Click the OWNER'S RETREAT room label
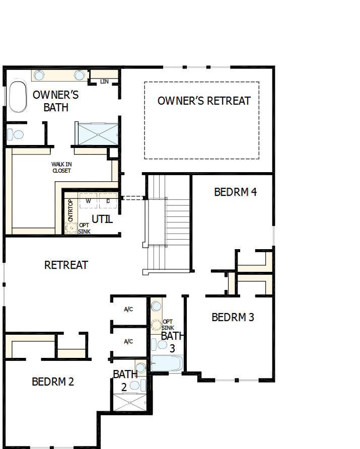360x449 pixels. (204, 101)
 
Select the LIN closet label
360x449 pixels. (104, 82)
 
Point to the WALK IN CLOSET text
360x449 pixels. (61, 168)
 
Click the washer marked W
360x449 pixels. (88, 201)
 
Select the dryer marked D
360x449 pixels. (108, 201)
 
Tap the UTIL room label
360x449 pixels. (102, 219)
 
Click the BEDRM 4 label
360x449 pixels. (235, 192)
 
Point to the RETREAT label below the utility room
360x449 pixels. (66, 265)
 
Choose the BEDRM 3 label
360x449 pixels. (233, 317)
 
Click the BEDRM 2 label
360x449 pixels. (53, 382)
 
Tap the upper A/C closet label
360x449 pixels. (128, 309)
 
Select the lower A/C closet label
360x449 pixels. (128, 341)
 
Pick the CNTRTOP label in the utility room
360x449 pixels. (70, 210)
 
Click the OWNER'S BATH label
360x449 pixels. (55, 101)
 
